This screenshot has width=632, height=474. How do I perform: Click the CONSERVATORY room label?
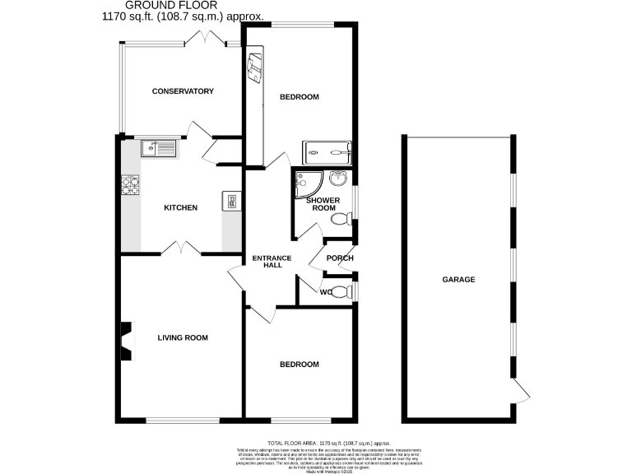183,91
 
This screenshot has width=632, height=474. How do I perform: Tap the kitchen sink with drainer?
158,148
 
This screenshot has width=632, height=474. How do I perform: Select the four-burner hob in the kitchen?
131,186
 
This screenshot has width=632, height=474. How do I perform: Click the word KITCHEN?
180,207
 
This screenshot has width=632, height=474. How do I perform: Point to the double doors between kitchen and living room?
181,248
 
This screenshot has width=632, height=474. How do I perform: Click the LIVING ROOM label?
183,337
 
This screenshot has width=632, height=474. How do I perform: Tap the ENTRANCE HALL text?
272,262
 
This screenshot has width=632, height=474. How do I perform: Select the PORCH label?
340,258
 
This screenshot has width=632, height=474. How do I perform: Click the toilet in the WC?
345,292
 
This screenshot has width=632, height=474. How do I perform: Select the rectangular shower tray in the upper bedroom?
328,151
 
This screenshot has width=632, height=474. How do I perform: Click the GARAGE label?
459,280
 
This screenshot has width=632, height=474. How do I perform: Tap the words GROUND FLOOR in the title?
183,5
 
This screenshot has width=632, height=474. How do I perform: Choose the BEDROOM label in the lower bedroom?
299,365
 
